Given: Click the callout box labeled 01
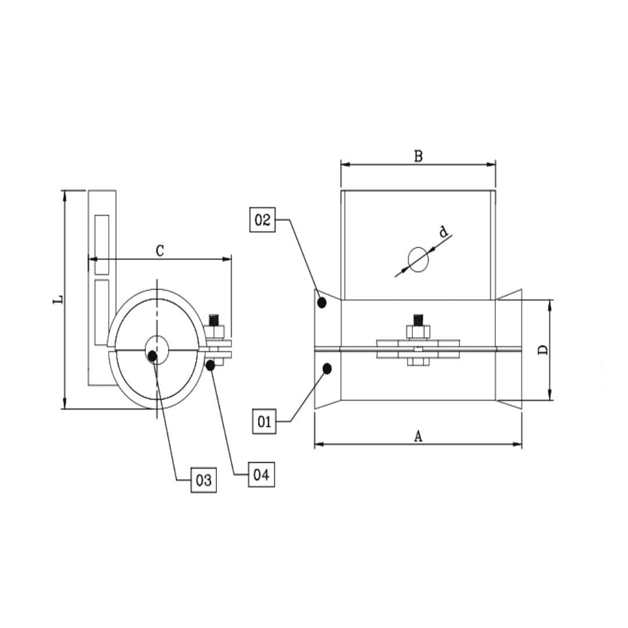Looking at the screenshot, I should (265, 421).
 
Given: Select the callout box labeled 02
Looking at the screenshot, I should (263, 220).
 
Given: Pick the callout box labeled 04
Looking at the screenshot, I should (261, 474).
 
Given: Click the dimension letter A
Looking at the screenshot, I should (418, 436).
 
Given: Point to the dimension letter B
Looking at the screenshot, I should (418, 156).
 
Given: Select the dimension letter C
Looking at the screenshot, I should (160, 251).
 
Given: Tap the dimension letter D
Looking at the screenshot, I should (542, 350).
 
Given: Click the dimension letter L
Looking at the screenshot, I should (57, 300).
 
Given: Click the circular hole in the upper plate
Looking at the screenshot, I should (418, 259).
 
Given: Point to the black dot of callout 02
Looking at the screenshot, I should (322, 302).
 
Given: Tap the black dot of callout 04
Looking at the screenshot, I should (210, 365).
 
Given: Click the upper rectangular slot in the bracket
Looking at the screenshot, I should (102, 244).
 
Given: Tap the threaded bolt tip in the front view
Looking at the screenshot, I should (418, 319).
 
